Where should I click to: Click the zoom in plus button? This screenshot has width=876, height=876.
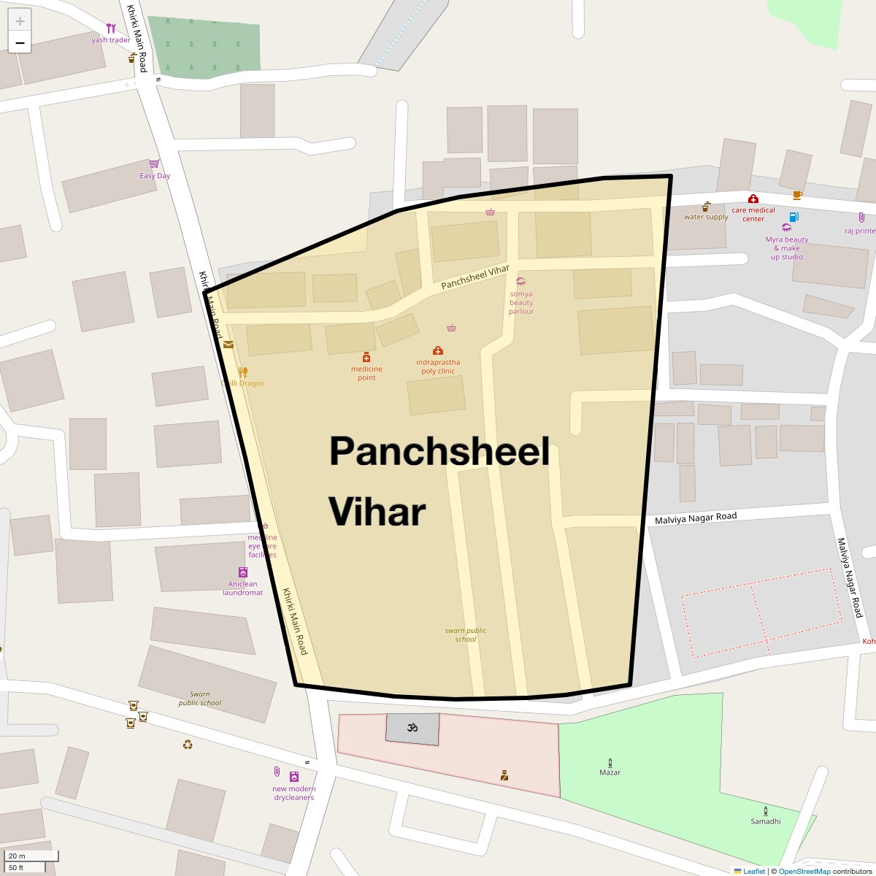pos(20,21)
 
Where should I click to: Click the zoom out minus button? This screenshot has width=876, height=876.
pos(20,43)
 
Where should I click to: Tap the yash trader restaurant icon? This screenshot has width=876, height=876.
pos(111,28)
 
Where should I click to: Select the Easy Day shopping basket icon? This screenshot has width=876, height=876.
pos(154,164)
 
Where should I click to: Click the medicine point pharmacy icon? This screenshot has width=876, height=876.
pos(366,357)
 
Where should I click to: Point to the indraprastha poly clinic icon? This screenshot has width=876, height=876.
pos(438,350)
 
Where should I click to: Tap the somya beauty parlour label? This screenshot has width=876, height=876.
pos(521,303)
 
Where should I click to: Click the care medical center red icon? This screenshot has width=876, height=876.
pos(753,199)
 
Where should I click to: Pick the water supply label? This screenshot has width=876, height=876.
pos(706,217)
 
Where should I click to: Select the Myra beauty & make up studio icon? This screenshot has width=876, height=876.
pos(786,228)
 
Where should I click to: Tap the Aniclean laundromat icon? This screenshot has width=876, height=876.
pos(243,572)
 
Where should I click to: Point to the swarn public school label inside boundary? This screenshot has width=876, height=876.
pos(466,635)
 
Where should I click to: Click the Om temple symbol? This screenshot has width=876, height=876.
pos(412,727)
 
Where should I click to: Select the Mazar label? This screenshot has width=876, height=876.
pos(610,772)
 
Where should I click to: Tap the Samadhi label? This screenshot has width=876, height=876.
pos(765,821)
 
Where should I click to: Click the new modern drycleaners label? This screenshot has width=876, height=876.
pos(294,794)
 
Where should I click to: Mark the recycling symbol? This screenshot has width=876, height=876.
pos(188,745)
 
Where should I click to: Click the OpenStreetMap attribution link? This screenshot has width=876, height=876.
pos(804,871)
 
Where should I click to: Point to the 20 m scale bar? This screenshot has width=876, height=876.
pos(29,856)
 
